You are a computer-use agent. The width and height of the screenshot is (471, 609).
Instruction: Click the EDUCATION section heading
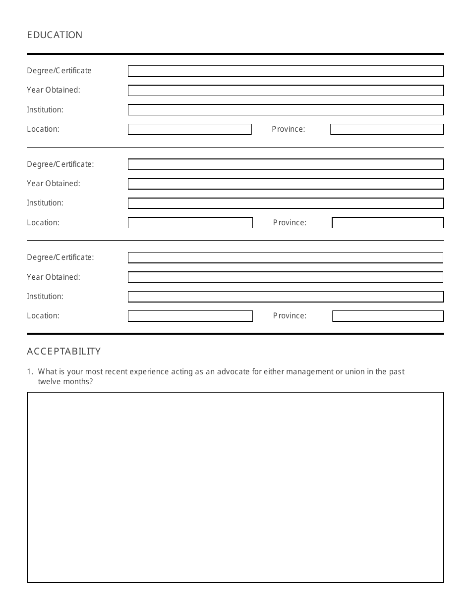point(55,35)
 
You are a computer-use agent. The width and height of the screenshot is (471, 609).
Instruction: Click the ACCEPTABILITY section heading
point(63,351)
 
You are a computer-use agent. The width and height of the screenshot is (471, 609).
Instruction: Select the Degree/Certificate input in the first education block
point(286,71)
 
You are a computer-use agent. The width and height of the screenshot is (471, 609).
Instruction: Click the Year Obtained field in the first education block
point(286,91)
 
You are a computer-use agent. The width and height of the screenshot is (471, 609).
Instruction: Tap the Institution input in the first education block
point(286,110)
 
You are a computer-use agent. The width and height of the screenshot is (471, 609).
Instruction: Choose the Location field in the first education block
point(189,129)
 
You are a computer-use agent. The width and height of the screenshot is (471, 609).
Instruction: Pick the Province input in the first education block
point(387,129)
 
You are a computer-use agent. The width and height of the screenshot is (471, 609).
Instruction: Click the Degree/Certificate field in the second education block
point(286,164)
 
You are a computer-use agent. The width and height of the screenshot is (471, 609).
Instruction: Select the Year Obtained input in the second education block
point(286,184)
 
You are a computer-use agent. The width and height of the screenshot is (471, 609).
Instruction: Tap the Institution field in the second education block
point(286,203)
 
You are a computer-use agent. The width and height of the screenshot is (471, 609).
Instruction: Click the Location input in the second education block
point(190,223)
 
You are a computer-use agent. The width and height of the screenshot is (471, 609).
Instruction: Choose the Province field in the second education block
point(387,223)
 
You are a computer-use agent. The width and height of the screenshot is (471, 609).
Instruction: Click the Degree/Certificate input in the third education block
point(285,257)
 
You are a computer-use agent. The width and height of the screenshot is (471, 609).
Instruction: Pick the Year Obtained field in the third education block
point(285,277)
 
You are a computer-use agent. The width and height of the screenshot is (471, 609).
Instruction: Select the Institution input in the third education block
point(286,297)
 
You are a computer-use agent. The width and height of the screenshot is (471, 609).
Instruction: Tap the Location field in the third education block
point(190,316)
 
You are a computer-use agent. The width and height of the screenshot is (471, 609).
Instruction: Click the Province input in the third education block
point(388,316)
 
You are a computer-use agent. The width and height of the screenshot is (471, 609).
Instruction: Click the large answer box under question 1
point(235,487)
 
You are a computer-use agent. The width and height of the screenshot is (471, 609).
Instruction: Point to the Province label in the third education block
point(290,316)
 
